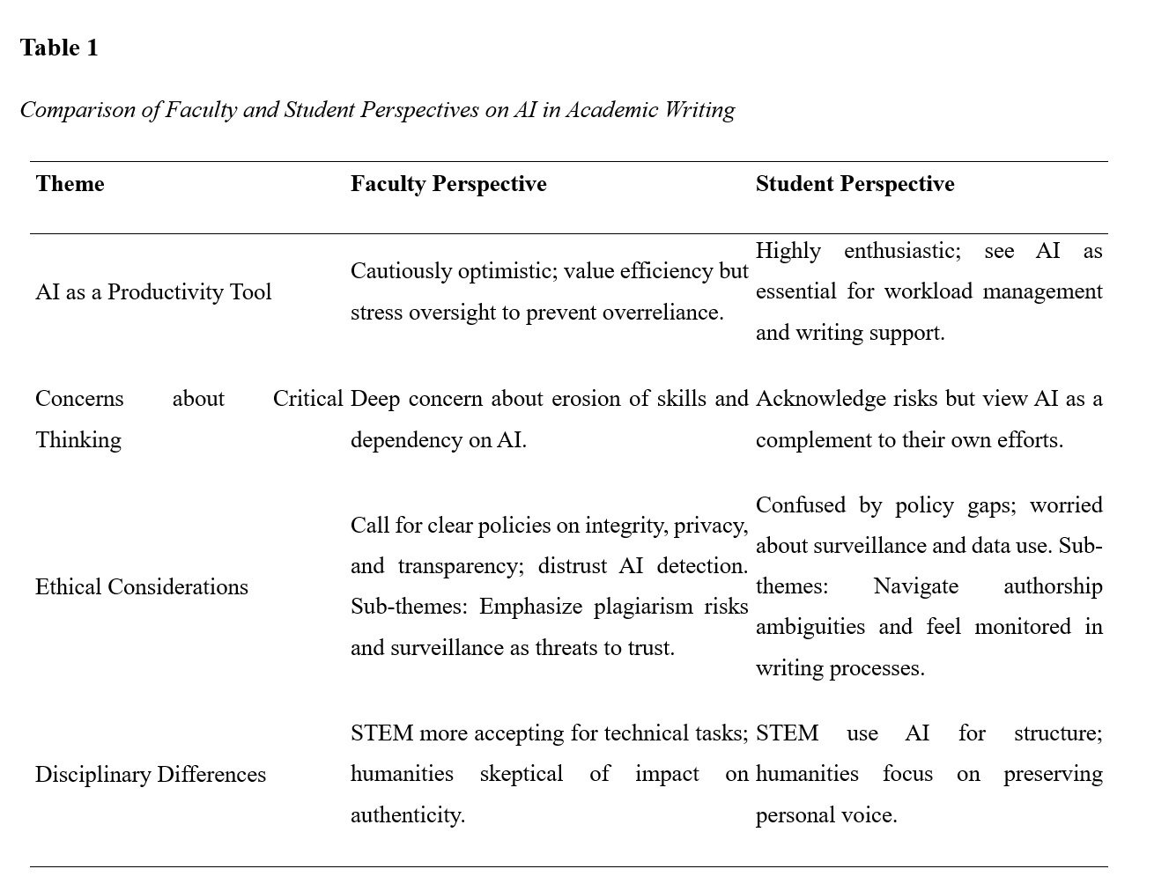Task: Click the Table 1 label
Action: (x=59, y=48)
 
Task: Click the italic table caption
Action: (x=377, y=110)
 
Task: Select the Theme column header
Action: (x=70, y=184)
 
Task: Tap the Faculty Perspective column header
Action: (x=448, y=184)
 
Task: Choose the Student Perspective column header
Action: (x=855, y=184)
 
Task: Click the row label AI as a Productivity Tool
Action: (x=153, y=292)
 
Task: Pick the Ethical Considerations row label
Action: (x=142, y=587)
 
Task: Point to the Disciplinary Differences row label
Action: (x=151, y=775)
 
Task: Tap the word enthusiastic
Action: (x=902, y=251)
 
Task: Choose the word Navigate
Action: (x=915, y=586)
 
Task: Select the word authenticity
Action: (x=407, y=815)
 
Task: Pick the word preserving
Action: (x=1053, y=774)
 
